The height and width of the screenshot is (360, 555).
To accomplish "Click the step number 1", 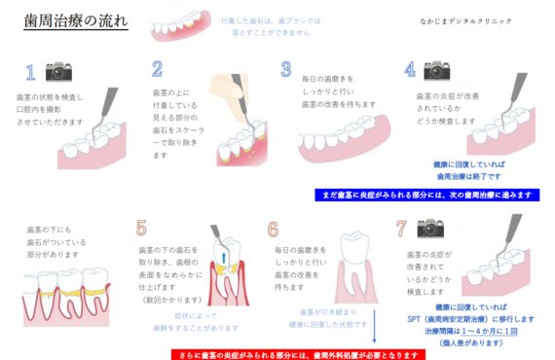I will click(x=30, y=73).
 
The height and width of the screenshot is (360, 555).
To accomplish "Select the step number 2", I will click(x=157, y=69).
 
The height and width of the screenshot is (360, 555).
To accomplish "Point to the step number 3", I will click(x=286, y=70).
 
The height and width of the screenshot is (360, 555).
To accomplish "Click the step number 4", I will click(x=410, y=70).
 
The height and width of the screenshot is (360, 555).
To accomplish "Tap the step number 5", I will click(x=142, y=230).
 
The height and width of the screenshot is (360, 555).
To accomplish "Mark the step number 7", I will click(x=400, y=230).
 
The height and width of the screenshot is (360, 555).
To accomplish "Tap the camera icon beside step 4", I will click(x=438, y=69).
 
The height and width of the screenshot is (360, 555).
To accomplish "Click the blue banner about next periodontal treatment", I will click(x=426, y=195).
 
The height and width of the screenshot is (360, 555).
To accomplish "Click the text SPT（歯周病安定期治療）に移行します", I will click(x=465, y=318).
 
